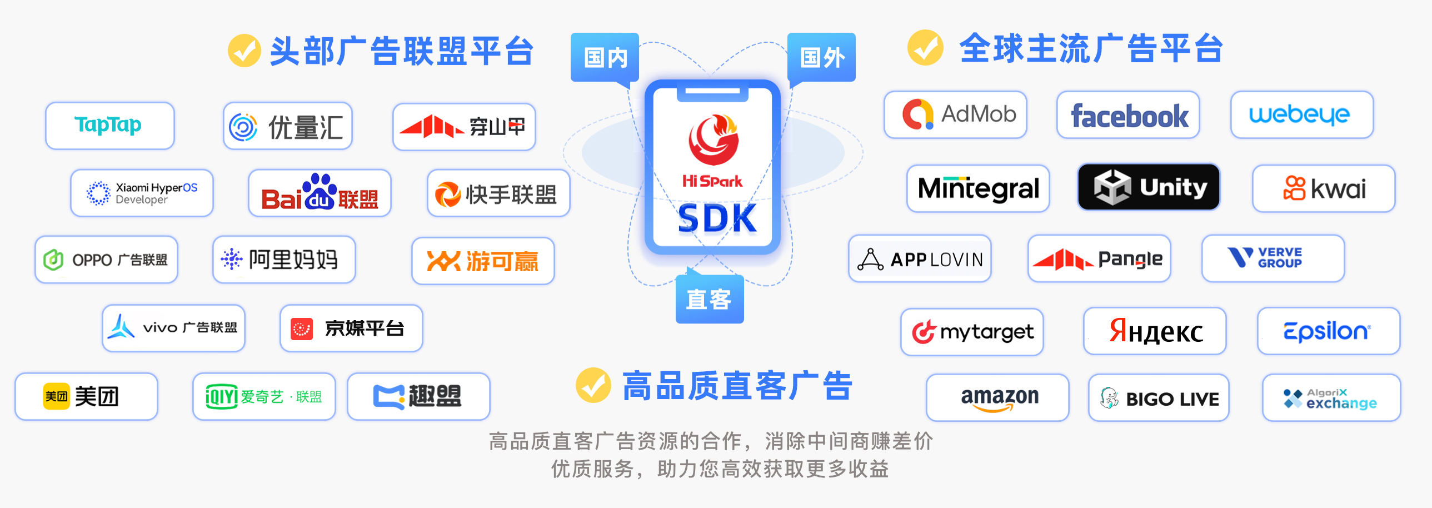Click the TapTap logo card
click(x=109, y=126)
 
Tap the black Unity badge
click(x=1149, y=187)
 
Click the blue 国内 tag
click(x=605, y=57)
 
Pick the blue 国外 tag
click(x=822, y=57)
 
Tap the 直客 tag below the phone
click(x=708, y=300)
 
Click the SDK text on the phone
click(x=717, y=218)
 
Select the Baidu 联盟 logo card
click(x=320, y=193)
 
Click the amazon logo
click(x=999, y=398)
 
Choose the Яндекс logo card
click(x=1155, y=331)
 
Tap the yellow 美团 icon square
click(x=57, y=396)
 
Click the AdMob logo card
click(x=955, y=115)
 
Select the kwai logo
click(x=1324, y=188)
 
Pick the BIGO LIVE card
click(x=1159, y=398)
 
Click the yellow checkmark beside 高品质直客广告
click(x=592, y=385)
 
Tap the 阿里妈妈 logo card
click(x=284, y=260)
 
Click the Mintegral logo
click(x=978, y=188)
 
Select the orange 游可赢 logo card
click(x=482, y=261)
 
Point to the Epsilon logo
click(x=1328, y=331)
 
